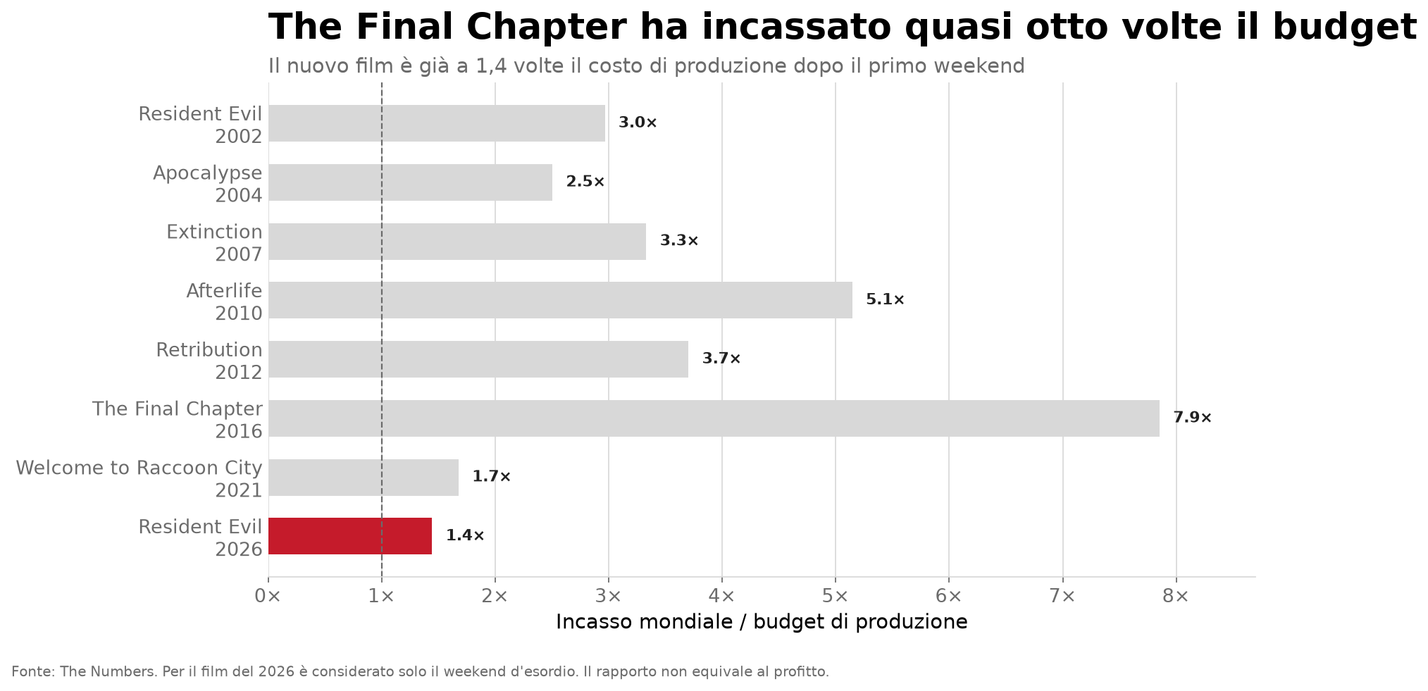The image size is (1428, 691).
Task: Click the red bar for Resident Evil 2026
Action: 350,536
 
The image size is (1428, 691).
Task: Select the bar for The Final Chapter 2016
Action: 714,418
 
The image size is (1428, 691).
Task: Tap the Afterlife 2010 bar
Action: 560,300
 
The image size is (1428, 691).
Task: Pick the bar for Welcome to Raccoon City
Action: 364,478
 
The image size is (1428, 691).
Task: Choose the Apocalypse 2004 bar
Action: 410,182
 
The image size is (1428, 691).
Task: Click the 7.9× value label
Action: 1192,418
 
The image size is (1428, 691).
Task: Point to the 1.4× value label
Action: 465,535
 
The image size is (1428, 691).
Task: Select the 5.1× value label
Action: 885,299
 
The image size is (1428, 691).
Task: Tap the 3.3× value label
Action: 679,240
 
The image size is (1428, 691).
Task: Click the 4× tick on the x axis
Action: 722,596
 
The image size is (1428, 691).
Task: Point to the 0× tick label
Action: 268,596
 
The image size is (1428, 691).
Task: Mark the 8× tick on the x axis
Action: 1176,596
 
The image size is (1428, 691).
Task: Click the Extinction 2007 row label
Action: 214,243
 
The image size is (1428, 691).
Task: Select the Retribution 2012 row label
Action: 209,361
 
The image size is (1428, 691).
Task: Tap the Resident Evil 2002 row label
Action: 200,125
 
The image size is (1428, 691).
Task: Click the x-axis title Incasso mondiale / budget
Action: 762,622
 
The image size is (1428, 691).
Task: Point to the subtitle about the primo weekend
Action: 646,66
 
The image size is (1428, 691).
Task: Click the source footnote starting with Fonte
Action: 420,672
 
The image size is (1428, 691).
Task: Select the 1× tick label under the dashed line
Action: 381,596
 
